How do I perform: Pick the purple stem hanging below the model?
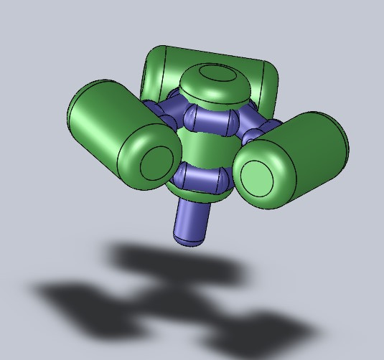[x=192, y=219]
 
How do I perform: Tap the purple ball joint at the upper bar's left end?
[x=190, y=115]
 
